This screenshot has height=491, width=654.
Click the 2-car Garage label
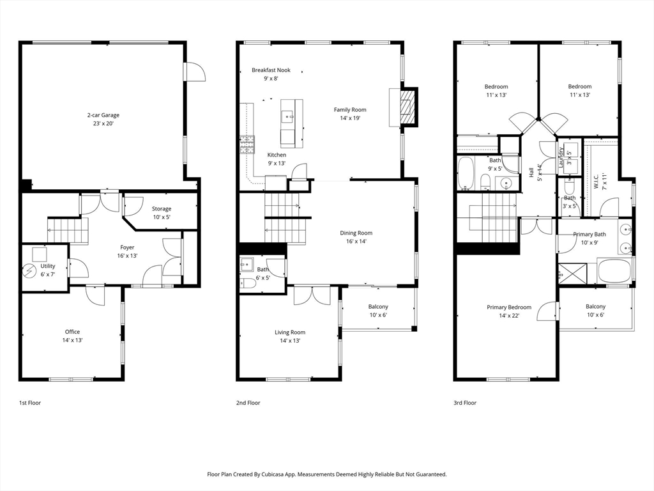coord(103,115)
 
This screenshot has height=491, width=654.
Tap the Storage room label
coord(162,209)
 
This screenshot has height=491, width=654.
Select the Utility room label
coord(48,266)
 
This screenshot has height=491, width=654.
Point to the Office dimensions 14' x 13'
coord(73,340)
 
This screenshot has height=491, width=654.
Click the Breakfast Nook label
coord(271,70)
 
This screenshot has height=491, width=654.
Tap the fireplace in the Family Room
coord(408,107)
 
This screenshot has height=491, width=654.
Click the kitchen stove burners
coord(247,144)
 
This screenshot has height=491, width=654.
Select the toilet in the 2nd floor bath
coord(248,283)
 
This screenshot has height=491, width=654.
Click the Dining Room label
coord(356,233)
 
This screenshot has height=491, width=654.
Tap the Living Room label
coord(290,332)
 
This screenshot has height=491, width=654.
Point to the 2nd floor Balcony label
coord(378,306)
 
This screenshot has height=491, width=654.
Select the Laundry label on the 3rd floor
coord(561,157)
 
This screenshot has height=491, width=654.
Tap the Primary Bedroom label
coord(509,308)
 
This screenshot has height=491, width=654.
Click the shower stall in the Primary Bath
coord(573,274)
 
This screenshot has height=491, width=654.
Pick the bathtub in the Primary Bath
coord(614,271)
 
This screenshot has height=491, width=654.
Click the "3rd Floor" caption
coord(465,403)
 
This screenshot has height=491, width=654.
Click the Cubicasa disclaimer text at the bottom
coord(327,474)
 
